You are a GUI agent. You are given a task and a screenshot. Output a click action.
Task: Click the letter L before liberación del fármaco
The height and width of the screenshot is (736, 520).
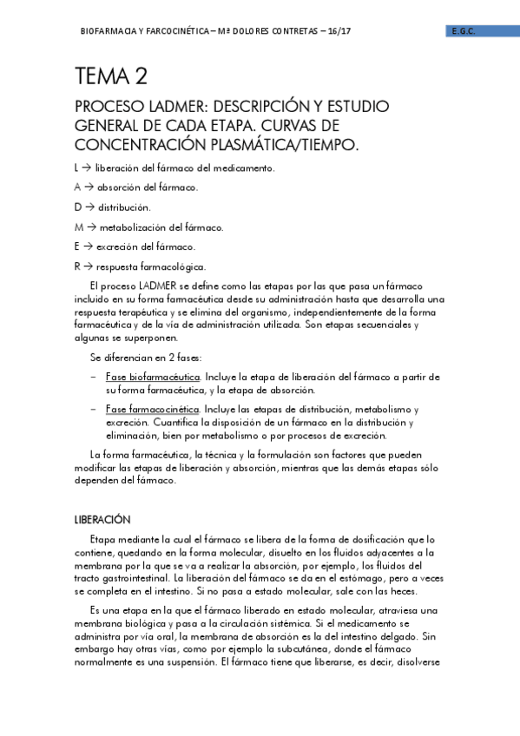tap(77, 168)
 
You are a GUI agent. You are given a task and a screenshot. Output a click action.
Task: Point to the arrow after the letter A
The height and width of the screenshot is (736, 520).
tap(89, 187)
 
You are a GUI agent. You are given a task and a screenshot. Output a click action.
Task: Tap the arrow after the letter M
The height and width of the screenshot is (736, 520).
tap(90, 227)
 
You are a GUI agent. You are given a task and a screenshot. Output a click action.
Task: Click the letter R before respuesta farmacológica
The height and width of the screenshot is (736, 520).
tap(77, 267)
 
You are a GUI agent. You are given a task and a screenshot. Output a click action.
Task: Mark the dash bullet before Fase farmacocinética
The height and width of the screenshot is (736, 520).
tap(93, 409)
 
